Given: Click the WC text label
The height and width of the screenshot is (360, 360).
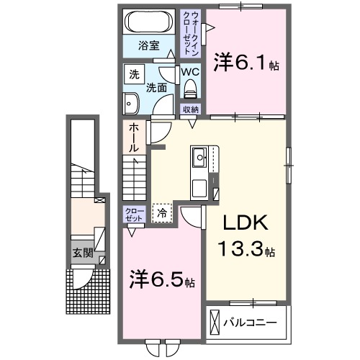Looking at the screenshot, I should click(x=190, y=72).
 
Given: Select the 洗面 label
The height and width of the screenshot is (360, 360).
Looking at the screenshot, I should click(x=157, y=88).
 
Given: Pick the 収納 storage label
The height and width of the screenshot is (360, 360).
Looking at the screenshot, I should click(x=190, y=109).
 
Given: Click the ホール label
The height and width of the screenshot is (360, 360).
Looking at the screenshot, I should click(x=135, y=137).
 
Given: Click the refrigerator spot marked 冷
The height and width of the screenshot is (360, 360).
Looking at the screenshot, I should click(x=163, y=212).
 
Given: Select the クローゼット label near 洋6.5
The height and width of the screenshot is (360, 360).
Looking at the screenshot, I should click(x=134, y=215).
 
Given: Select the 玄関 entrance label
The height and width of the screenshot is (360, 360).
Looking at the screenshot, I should click(x=81, y=253).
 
